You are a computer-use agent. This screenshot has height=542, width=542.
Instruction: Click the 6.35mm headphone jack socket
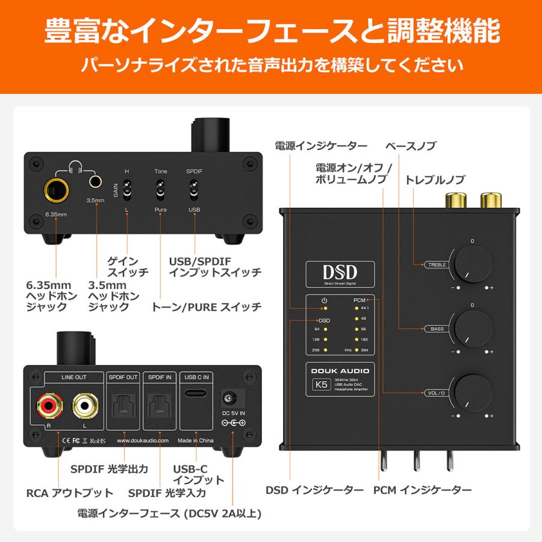tap(55, 192)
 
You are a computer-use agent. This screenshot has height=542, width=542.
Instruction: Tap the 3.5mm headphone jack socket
tap(95, 181)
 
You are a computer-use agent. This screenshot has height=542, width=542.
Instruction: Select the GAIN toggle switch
tap(127, 192)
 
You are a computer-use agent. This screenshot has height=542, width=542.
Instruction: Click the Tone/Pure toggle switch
tap(161, 192)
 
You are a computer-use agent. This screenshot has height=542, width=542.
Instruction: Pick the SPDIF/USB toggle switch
tap(195, 192)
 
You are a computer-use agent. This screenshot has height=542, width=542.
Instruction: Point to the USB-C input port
tap(197, 395)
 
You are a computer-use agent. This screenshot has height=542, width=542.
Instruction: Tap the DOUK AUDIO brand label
tap(337, 371)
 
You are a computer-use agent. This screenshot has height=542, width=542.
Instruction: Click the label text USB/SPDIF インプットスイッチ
tap(214, 267)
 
